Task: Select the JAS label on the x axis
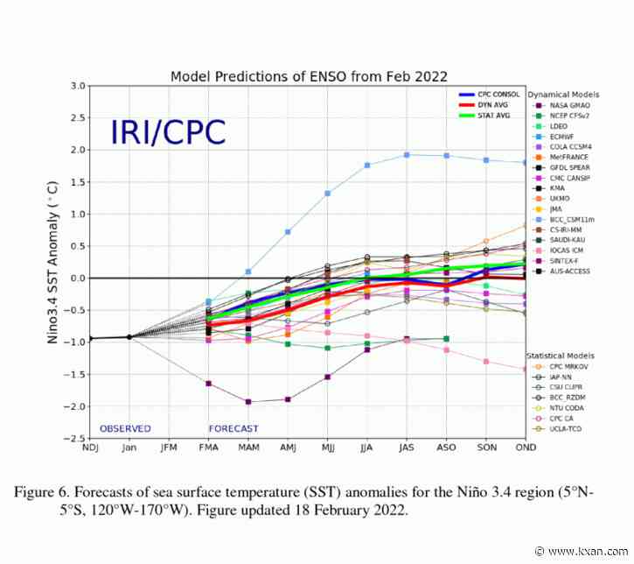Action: tap(406, 448)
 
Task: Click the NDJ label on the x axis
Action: tap(89, 448)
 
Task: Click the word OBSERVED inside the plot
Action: tap(125, 428)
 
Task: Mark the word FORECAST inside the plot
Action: tap(233, 428)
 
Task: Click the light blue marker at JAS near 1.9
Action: tap(407, 155)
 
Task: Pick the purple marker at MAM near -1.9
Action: tap(248, 402)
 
